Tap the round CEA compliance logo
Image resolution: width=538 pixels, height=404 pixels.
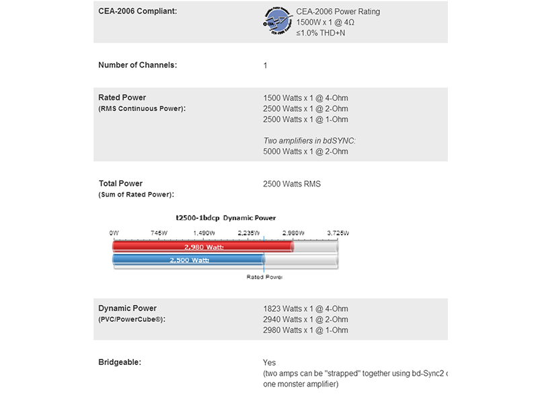(x=278, y=22)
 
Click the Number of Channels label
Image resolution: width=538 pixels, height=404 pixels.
(x=138, y=65)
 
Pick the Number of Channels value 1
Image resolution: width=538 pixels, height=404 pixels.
(x=266, y=65)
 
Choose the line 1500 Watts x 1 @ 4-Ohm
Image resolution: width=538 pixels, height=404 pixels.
(x=306, y=98)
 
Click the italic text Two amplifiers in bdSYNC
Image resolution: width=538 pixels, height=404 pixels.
(x=309, y=141)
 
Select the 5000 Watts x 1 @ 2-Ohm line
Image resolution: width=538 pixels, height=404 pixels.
(x=306, y=151)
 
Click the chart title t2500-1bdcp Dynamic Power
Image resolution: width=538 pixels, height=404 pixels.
(x=226, y=218)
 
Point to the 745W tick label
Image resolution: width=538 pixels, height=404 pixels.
(x=159, y=232)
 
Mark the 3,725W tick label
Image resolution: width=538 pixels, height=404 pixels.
(x=338, y=232)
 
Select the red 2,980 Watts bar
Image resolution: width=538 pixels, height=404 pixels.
(x=202, y=247)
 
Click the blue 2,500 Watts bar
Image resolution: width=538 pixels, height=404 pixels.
(x=188, y=260)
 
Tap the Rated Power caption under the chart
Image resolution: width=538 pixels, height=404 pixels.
(x=264, y=277)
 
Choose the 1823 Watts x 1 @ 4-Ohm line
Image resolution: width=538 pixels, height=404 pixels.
(x=306, y=308)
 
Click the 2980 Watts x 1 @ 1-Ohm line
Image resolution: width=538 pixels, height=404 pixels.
(x=306, y=330)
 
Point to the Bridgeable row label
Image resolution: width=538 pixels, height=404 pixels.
(x=120, y=362)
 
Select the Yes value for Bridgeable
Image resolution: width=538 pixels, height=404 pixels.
(x=270, y=362)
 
